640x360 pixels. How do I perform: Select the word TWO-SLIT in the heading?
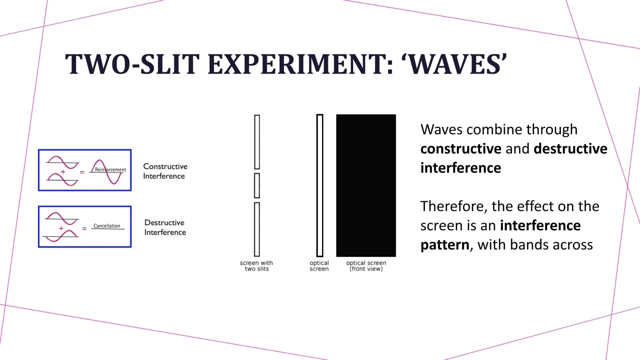[x=132, y=64]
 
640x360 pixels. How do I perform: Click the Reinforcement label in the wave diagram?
[x=110, y=170]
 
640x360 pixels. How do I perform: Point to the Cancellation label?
[x=107, y=226]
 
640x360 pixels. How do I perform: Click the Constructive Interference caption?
[x=165, y=171]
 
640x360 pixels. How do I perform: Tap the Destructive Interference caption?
[x=165, y=228]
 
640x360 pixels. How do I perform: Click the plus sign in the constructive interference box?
[x=63, y=172]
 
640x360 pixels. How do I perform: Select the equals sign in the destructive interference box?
[x=84, y=228]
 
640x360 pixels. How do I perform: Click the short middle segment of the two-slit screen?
[x=257, y=186]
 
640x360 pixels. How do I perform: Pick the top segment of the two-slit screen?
[x=257, y=142]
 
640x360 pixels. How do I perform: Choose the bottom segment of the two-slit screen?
[x=257, y=230]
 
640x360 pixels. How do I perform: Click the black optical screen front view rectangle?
[x=366, y=186]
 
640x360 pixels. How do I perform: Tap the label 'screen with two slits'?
[x=256, y=266]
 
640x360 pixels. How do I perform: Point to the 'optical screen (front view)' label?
[x=366, y=266]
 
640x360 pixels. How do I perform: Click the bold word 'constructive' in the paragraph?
[x=461, y=149]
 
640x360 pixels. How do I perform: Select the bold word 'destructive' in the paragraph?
[x=570, y=149]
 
